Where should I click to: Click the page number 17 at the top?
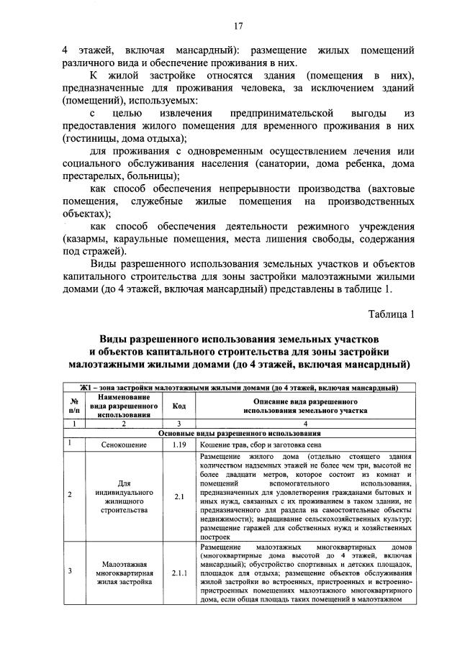coord(238,27)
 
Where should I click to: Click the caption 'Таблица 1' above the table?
coord(392,314)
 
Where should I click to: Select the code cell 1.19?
coord(179,445)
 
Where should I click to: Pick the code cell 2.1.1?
coord(179,573)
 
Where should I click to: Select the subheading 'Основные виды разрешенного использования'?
coord(238,434)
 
